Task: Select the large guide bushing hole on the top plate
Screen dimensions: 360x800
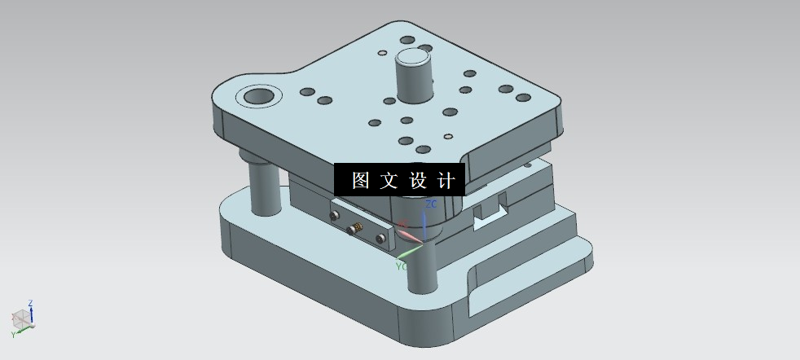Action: (x=258, y=97)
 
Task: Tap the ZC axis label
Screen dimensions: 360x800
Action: (x=432, y=204)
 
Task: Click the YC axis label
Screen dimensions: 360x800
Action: (x=402, y=266)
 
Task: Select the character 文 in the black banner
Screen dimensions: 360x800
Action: (x=389, y=180)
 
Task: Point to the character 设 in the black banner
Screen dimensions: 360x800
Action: (x=418, y=180)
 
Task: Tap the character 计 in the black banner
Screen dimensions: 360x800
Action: (x=446, y=180)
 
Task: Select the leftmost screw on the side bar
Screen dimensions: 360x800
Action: (x=333, y=216)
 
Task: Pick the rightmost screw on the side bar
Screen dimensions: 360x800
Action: (x=381, y=238)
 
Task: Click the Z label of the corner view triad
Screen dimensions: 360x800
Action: (x=31, y=304)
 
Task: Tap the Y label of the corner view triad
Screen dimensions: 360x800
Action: (x=13, y=335)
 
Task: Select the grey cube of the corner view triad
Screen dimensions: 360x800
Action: (x=22, y=319)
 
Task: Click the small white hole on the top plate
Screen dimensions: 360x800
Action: (x=446, y=136)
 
